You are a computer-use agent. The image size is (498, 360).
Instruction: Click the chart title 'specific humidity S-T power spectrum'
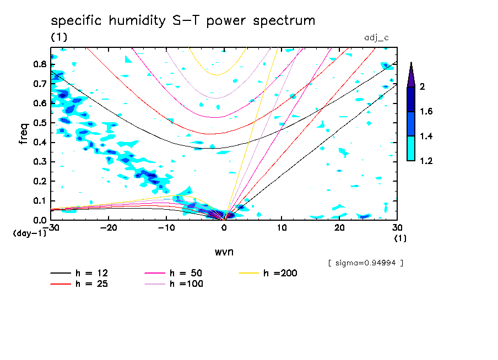click(x=183, y=21)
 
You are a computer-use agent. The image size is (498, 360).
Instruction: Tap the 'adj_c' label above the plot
click(x=376, y=38)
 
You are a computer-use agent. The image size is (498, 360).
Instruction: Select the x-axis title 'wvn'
click(x=224, y=252)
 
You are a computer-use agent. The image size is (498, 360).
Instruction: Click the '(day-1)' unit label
click(x=29, y=233)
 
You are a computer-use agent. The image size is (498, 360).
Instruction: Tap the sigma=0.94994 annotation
click(x=365, y=263)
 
